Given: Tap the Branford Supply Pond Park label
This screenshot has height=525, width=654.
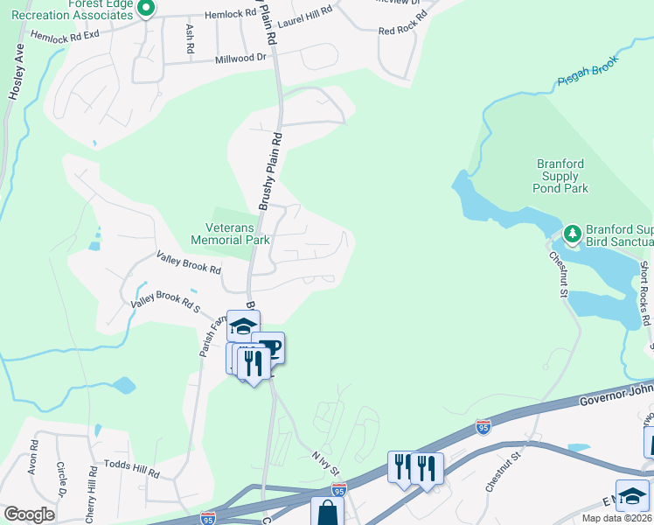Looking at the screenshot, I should (561, 176).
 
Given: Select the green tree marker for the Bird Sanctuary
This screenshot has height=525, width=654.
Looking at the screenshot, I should (572, 234).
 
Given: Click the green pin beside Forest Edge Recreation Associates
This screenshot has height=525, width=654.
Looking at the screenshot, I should (147, 8).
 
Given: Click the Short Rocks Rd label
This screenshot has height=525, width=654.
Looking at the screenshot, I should (645, 302).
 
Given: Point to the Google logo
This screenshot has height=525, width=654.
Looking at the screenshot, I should (29, 514).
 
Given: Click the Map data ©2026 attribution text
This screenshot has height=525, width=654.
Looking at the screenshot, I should (617, 518).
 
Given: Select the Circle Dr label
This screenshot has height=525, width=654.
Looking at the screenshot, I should (61, 476).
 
